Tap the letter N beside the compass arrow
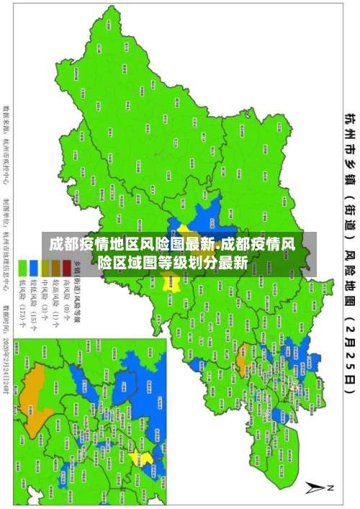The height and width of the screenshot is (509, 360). [x=331, y=487]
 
